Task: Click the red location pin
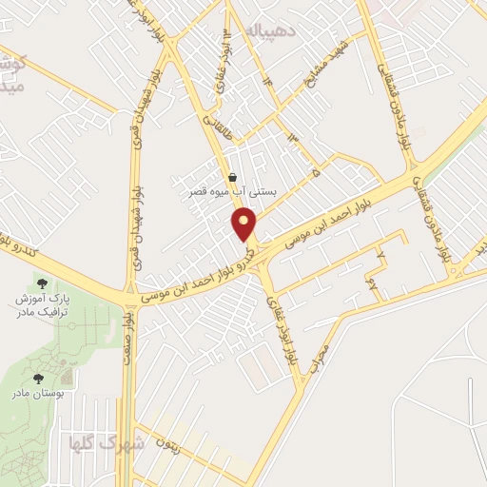coord(245,225)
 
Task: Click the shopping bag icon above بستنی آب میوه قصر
coord(233,176)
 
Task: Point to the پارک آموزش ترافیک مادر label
coord(43,305)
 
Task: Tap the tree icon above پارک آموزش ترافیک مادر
coord(41,282)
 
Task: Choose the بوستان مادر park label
coord(39,393)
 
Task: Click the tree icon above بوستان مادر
coord(39,378)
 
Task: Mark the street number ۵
coord(315,174)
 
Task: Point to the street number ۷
coord(380,257)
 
